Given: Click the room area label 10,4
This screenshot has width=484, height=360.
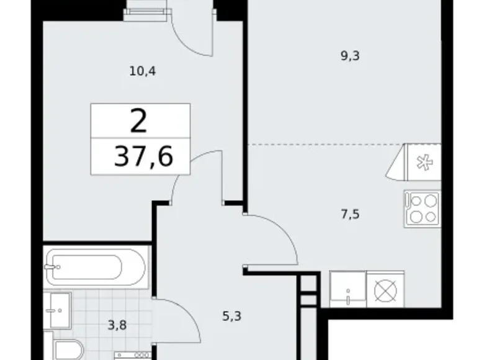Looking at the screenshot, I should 142,71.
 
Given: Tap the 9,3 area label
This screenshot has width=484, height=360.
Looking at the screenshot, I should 351,55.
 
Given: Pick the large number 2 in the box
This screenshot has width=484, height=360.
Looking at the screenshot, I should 140,121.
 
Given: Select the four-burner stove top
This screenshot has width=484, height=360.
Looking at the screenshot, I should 422,209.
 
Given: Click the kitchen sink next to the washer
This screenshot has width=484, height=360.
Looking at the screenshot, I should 347,289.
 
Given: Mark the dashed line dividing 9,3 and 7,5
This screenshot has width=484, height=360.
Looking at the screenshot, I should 323,145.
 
